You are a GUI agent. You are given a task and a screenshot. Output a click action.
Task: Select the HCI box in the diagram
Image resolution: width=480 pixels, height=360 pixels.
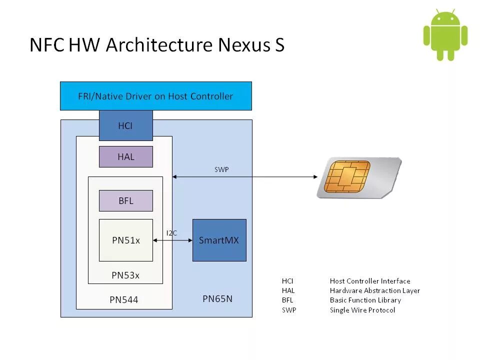125,126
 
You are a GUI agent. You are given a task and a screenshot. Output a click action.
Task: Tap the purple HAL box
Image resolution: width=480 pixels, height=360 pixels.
125,156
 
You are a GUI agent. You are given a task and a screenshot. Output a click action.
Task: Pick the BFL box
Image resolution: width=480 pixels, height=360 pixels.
125,201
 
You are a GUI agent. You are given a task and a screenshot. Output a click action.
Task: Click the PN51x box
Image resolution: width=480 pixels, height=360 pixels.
125,240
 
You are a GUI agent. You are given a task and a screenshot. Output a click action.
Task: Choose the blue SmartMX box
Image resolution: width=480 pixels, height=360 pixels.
219,240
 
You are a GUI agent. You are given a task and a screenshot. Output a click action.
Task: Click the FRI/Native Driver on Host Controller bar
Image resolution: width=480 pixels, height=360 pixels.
155,96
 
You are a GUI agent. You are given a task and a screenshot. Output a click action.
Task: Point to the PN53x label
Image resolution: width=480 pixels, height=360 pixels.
125,275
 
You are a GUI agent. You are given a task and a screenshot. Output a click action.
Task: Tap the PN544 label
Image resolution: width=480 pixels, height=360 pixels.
123,300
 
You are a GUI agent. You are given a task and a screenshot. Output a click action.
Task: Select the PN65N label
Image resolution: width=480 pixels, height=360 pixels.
217,299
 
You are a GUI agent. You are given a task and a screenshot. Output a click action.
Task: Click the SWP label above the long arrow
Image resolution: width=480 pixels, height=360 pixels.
221,170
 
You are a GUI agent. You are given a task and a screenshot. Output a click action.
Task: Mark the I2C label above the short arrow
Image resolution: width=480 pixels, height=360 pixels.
171,233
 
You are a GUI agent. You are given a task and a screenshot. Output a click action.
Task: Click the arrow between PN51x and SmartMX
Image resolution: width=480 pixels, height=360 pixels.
173,240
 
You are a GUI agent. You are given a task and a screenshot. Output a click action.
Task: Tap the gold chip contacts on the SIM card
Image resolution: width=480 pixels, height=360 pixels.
346,176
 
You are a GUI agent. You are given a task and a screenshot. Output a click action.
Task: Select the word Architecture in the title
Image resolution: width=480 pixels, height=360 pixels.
159,45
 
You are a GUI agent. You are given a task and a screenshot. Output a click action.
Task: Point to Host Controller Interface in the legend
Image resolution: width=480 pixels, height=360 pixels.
370,281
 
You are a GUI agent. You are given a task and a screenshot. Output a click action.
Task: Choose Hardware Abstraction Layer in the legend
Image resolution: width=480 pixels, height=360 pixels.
375,290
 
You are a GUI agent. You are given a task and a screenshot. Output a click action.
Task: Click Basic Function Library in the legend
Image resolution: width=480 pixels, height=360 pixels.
365,300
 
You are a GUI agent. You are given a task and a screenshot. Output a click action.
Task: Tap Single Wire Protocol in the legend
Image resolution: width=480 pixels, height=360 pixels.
362,310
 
